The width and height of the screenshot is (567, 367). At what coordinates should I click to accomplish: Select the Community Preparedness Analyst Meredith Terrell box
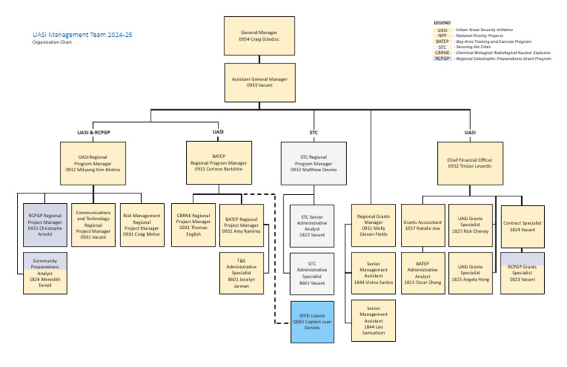45,272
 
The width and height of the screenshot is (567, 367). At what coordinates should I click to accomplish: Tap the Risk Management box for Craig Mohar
142,224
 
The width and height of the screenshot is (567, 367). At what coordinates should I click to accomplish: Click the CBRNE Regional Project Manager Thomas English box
193,224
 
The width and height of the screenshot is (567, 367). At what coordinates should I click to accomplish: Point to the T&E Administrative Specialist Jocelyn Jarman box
241,272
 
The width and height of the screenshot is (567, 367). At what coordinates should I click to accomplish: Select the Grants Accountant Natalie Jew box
422,224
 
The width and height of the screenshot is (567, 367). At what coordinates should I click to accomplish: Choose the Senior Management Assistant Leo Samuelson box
374,321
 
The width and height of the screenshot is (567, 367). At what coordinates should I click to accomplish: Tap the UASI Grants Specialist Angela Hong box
470,272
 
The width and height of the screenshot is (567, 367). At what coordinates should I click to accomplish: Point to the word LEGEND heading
441,22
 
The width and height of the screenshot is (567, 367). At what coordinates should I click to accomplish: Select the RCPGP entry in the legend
442,58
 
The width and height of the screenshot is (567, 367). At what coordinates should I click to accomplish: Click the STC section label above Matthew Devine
314,132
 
